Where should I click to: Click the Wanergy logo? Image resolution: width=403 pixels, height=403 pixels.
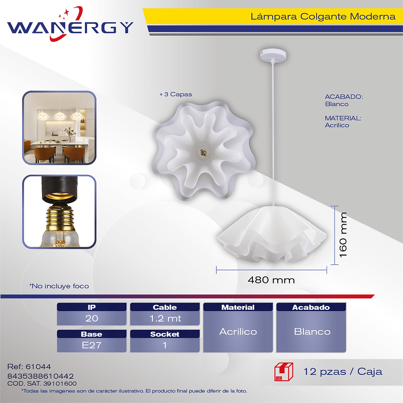point(70,24)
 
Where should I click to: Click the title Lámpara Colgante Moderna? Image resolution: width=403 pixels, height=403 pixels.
point(323,16)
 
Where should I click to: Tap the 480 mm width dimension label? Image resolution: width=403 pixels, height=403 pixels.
point(271,280)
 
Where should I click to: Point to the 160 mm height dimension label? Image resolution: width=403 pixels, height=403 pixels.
point(343,235)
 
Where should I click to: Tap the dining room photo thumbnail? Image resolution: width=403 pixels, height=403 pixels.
point(59,128)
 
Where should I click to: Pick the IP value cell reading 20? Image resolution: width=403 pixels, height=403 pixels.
point(92,318)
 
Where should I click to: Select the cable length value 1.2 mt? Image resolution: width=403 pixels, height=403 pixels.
point(165,318)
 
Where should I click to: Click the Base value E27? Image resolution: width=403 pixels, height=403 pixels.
point(92,345)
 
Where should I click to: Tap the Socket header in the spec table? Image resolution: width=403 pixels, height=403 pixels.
point(165,334)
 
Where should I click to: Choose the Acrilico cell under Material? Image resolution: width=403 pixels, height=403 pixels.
point(238,331)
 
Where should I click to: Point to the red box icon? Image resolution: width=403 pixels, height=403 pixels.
point(284,372)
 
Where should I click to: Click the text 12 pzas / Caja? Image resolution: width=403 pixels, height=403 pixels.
point(343,372)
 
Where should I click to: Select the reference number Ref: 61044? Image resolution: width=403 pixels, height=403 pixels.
point(29,366)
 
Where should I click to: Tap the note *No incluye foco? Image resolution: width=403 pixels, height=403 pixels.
point(59,286)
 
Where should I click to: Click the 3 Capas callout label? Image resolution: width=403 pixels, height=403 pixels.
point(176,94)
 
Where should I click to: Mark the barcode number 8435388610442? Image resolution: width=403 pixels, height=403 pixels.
point(41,376)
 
